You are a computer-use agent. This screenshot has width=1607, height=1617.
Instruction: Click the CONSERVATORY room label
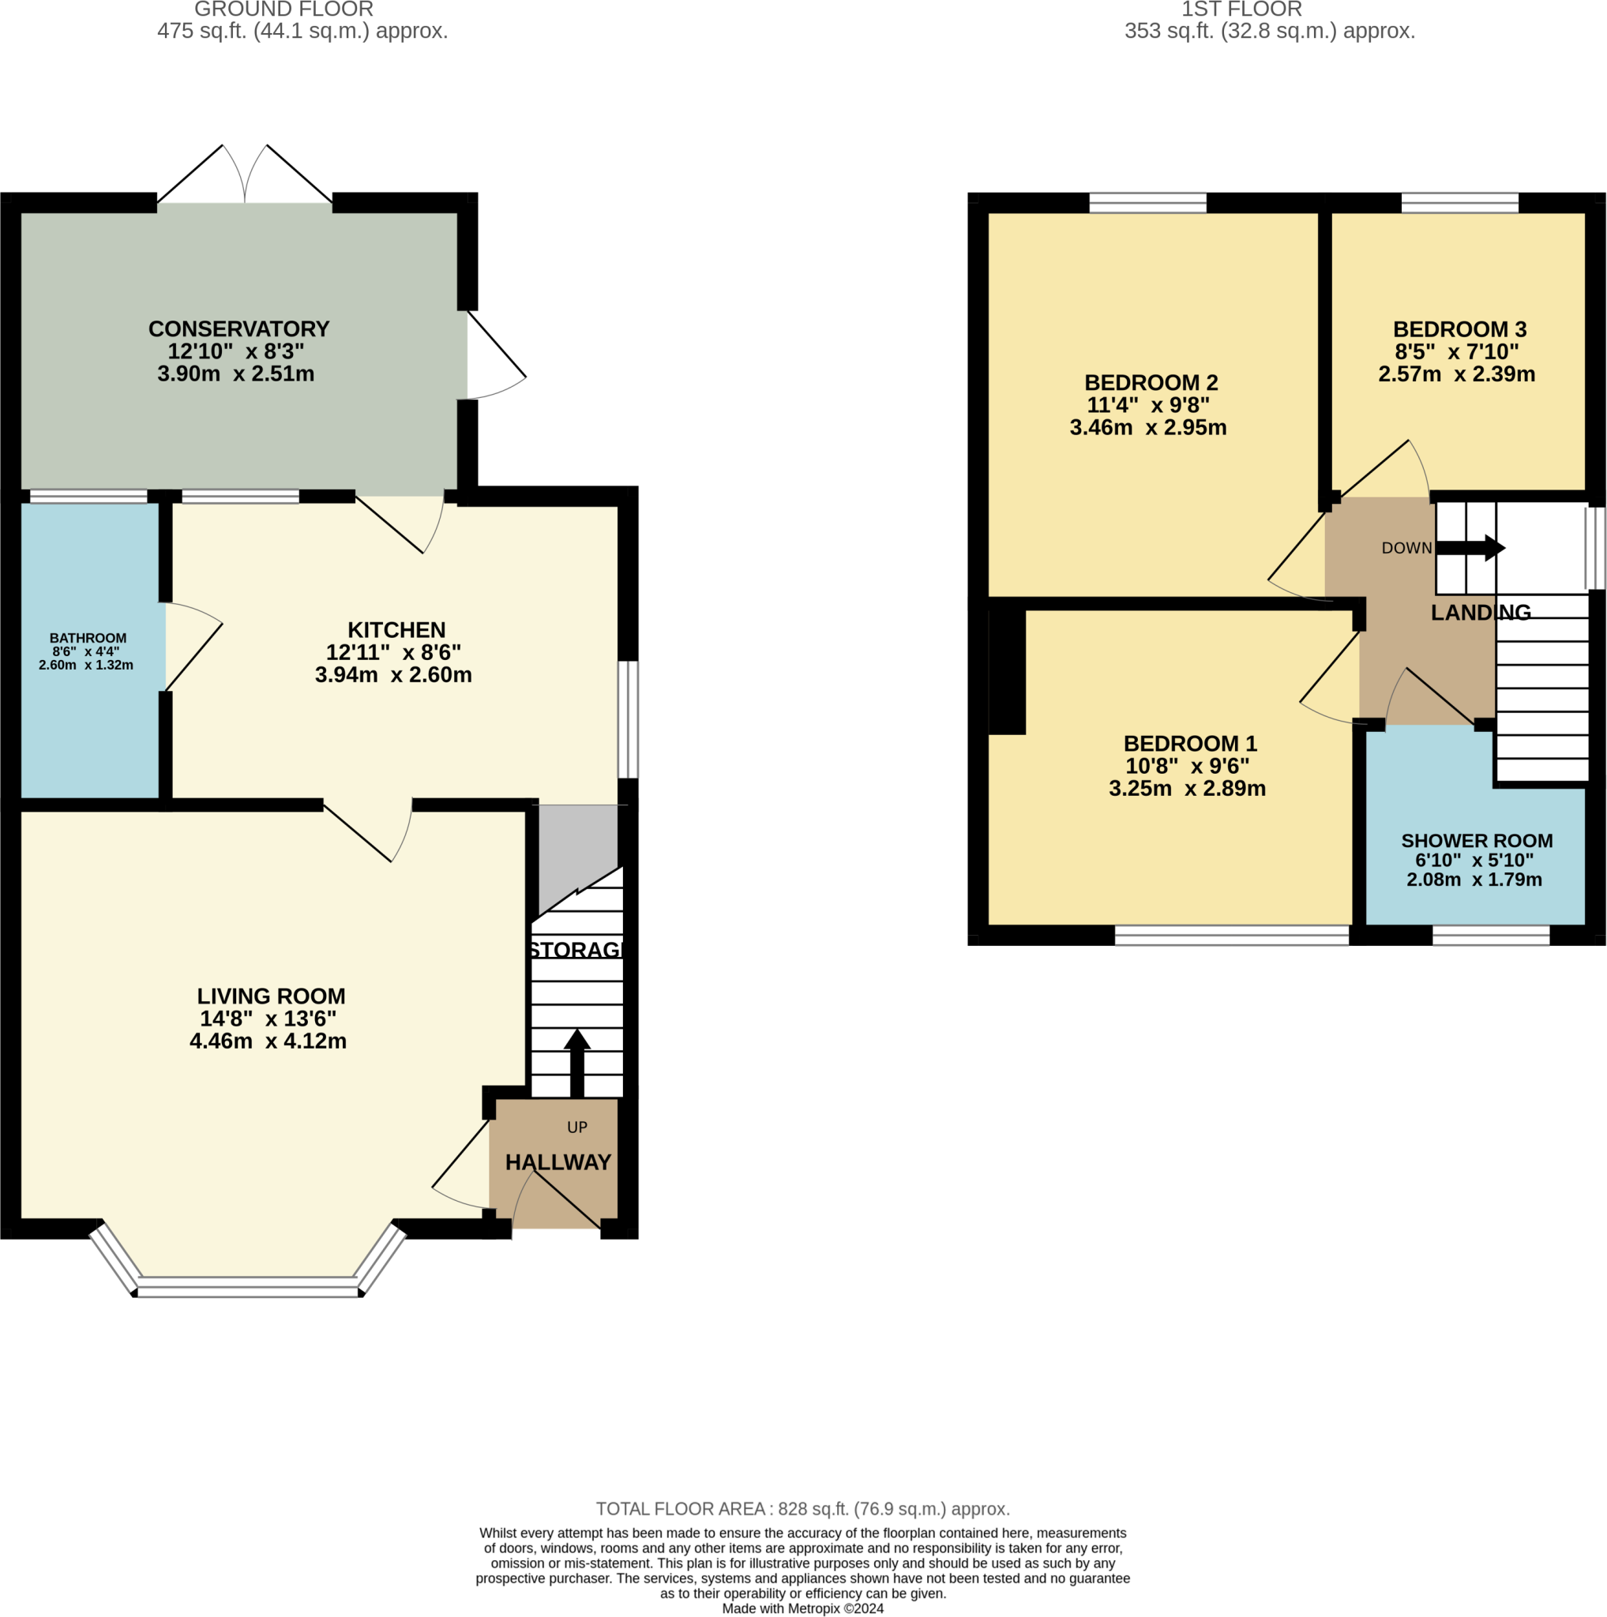tap(238, 329)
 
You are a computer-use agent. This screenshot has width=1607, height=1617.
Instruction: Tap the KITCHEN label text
tap(396, 629)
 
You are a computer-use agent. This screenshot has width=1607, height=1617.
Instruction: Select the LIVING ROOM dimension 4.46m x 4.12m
tap(268, 1041)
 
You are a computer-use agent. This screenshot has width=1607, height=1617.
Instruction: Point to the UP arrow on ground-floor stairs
tap(576, 1062)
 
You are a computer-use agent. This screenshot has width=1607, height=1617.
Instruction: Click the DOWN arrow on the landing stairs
tap(1470, 548)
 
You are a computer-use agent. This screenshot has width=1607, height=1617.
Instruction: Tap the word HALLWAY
tap(558, 1161)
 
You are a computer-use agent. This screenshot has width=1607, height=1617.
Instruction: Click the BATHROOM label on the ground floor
tap(88, 638)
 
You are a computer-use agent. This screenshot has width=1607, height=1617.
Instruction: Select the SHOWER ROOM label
tap(1477, 840)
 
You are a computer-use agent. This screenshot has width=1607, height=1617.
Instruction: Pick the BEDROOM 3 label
tap(1459, 329)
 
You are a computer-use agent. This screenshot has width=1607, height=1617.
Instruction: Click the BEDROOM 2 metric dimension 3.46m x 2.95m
tap(1148, 428)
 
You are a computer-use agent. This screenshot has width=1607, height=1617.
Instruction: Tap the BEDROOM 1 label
tap(1190, 743)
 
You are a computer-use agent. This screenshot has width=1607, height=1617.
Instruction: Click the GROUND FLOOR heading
tap(283, 10)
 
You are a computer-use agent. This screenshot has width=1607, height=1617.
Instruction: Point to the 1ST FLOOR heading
tap(1241, 10)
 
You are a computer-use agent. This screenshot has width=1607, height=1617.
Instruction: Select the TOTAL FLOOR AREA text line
tap(802, 1509)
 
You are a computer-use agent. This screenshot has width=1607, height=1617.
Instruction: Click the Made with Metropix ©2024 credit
tap(802, 1608)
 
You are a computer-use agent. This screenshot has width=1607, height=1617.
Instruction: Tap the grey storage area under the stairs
tap(578, 850)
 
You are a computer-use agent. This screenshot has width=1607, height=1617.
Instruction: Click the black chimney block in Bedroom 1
tap(1007, 672)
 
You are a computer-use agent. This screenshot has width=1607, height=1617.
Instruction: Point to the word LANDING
tap(1481, 613)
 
